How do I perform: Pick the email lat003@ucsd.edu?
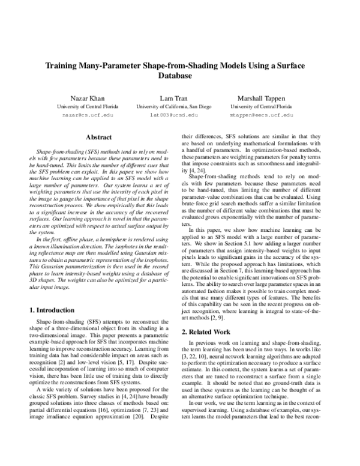(173, 114)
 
